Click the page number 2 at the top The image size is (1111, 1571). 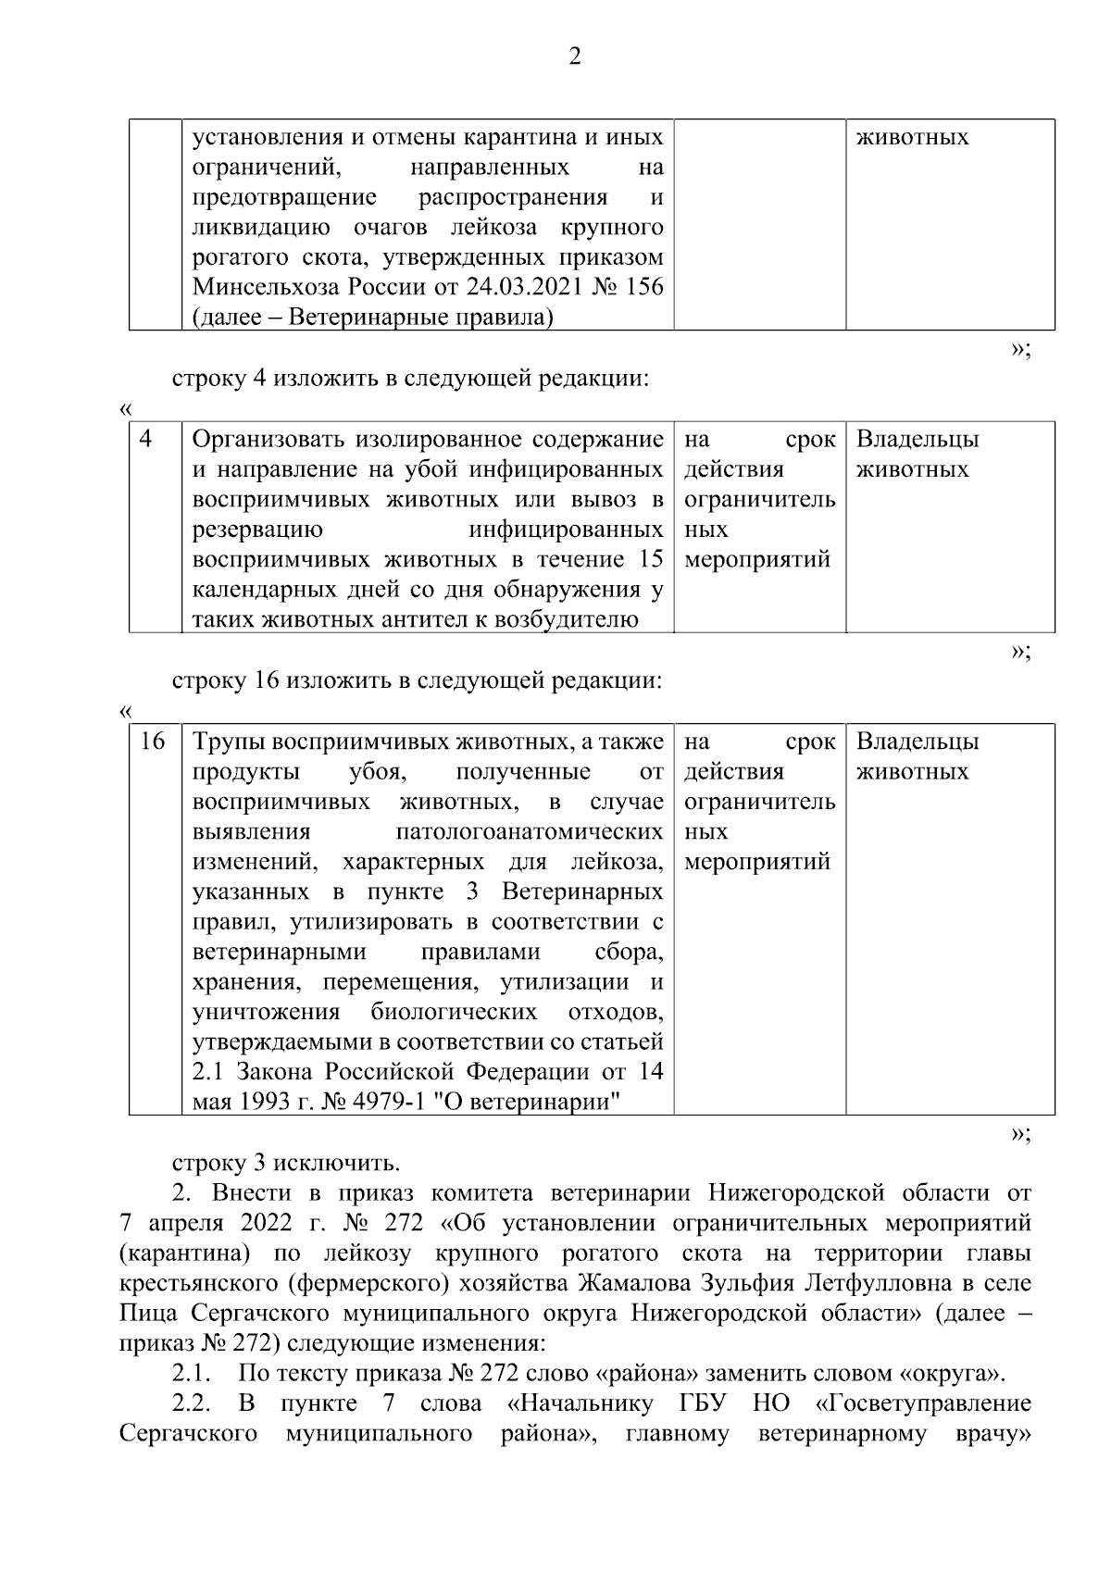coord(574,57)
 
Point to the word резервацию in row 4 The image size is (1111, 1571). coord(257,530)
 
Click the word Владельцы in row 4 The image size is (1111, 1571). coord(918,440)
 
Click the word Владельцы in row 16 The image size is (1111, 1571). coord(918,742)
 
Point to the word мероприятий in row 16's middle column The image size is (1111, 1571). coord(757,863)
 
